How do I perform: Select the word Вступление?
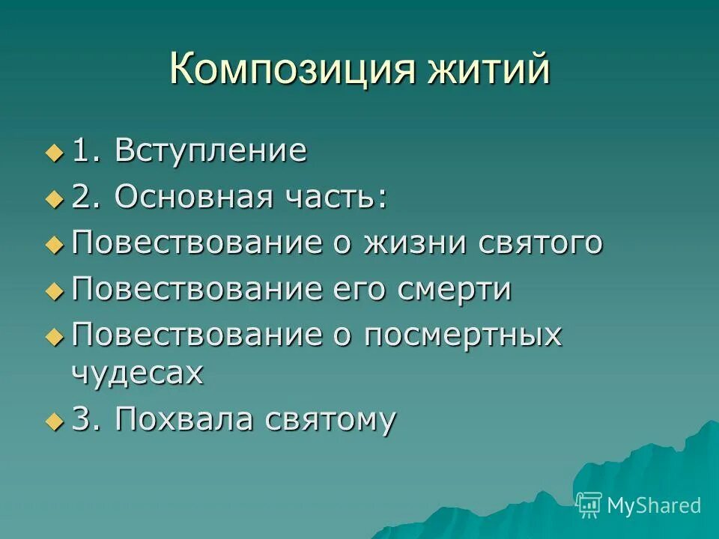(x=210, y=150)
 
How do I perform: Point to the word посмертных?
(x=462, y=335)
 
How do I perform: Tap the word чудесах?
(x=137, y=373)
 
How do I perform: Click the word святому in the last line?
(x=330, y=421)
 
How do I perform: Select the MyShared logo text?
(x=654, y=505)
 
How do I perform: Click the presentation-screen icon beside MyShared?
(x=589, y=505)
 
